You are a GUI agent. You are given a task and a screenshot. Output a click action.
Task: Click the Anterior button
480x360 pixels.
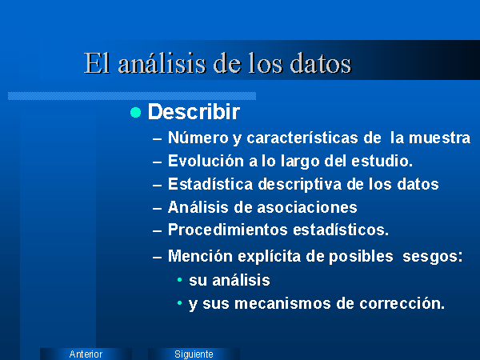coord(86,354)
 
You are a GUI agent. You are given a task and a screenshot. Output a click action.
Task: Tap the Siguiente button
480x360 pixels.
coord(194,354)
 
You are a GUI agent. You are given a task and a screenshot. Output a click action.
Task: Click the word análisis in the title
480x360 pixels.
coord(162,63)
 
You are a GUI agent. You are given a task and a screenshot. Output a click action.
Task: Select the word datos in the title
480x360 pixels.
coord(321,63)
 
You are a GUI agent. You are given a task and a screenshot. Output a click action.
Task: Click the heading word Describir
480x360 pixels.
coord(194,111)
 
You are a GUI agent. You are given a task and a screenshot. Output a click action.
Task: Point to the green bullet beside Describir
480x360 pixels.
coord(136,112)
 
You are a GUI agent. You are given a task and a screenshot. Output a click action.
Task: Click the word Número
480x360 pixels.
coord(198,138)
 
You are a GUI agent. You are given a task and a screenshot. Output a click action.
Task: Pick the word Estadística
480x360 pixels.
coord(210,184)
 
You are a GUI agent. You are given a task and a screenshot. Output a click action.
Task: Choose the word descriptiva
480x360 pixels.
coord(300,184)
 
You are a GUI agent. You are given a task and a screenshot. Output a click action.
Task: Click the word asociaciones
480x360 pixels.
coord(307,207)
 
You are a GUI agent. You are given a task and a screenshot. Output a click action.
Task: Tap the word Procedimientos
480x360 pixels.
coord(228,230)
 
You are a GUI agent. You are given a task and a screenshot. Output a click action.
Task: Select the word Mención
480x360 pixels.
coord(200,256)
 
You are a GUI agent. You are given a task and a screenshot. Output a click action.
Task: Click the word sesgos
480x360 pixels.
coord(432,257)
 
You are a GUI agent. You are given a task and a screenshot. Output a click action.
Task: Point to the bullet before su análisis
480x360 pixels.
coord(180,279)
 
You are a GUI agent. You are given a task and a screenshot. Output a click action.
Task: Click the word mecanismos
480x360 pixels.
coord(282,303)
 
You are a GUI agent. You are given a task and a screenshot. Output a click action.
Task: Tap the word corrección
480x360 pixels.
coord(402,303)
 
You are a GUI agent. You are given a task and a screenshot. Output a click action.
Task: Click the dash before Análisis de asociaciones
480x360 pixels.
coord(157,209)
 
